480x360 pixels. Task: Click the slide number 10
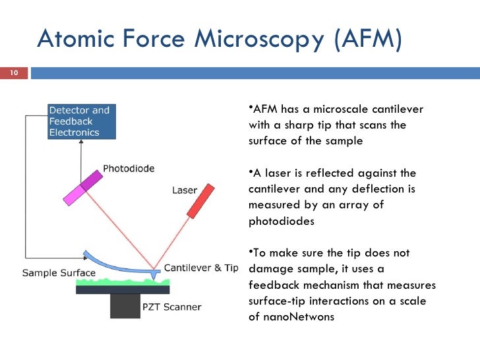click(13, 73)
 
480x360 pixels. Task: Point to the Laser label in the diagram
click(185, 191)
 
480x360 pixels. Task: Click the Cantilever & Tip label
click(200, 268)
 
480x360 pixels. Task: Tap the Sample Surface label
click(59, 273)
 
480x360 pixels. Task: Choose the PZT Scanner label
click(172, 307)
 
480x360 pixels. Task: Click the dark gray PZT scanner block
click(125, 305)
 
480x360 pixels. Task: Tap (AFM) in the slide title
click(367, 40)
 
